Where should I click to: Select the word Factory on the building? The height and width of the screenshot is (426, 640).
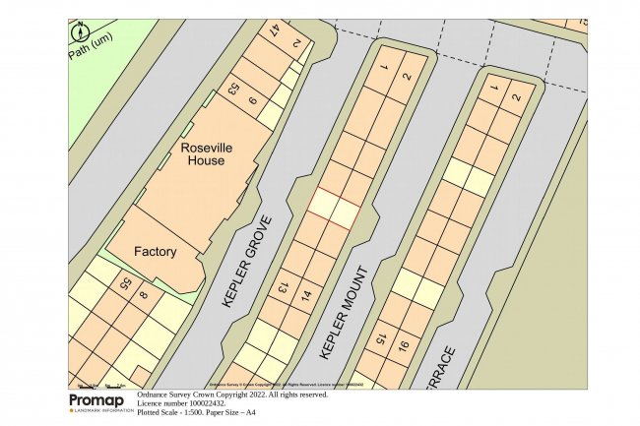coord(155,251)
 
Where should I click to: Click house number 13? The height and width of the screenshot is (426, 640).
coord(283,286)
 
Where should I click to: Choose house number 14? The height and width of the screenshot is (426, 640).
coord(306,294)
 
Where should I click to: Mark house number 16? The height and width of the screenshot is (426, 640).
coord(403,346)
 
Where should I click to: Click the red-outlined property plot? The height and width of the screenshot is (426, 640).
coord(332,208)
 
